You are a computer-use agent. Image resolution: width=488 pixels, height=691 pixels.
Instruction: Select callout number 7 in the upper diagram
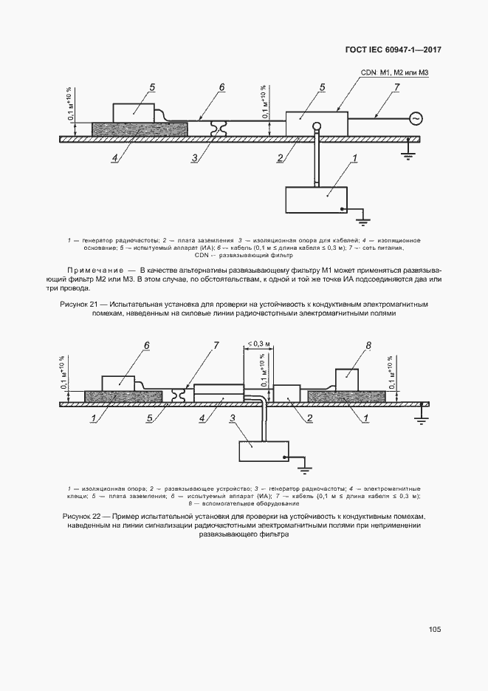[396, 88]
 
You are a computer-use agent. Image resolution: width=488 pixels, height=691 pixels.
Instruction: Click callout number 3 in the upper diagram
[193, 157]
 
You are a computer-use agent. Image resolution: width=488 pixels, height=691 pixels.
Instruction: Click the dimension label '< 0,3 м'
[258, 343]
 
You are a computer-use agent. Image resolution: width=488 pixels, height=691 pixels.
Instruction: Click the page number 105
[434, 630]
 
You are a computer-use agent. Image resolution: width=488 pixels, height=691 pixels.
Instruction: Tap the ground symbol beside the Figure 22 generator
[303, 466]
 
